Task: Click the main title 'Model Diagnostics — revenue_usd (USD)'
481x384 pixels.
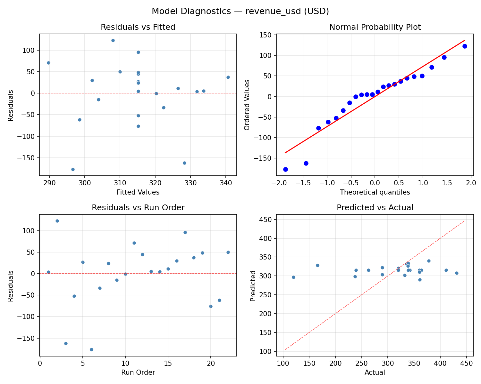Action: pyautogui.click(x=240, y=11)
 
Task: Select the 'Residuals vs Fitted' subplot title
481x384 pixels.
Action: pyautogui.click(x=138, y=27)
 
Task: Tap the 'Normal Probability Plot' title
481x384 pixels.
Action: pyautogui.click(x=375, y=27)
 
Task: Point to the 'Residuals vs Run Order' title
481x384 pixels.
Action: pyautogui.click(x=138, y=208)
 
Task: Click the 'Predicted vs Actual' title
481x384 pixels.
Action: pyautogui.click(x=375, y=208)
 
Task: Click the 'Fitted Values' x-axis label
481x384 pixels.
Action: pyautogui.click(x=138, y=192)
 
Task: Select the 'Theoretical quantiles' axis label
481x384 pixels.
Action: pyautogui.click(x=375, y=192)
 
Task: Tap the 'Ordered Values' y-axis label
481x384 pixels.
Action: pyautogui.click(x=247, y=105)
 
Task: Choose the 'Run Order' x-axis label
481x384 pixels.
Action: pyautogui.click(x=138, y=372)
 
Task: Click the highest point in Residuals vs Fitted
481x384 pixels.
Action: pyautogui.click(x=113, y=40)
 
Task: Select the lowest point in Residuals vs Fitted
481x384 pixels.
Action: pyautogui.click(x=73, y=169)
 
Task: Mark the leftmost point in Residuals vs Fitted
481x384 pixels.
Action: pyautogui.click(x=48, y=63)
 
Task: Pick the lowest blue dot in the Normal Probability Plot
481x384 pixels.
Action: pyautogui.click(x=285, y=169)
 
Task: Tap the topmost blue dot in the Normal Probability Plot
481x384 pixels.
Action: pyautogui.click(x=465, y=46)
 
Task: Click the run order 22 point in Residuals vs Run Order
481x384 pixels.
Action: pyautogui.click(x=228, y=252)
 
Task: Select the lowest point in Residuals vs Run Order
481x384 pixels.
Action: pyautogui.click(x=91, y=349)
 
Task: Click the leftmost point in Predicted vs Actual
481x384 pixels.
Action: pyautogui.click(x=293, y=277)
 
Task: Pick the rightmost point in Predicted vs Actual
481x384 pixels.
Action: pyautogui.click(x=457, y=273)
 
